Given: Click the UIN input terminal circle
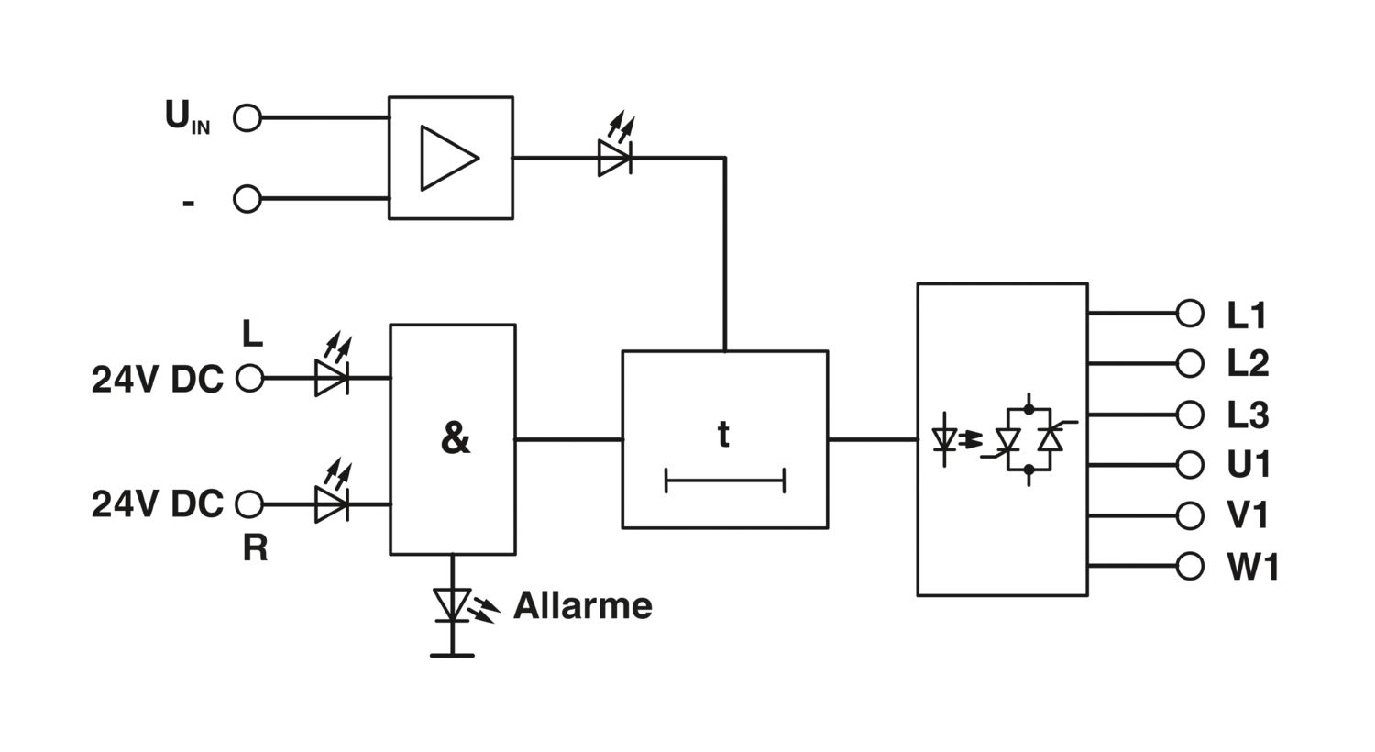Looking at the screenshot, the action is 247,118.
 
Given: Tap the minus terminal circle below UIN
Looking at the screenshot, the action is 247,199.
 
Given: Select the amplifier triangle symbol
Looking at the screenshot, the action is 449,159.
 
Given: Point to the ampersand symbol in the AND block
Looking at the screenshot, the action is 456,438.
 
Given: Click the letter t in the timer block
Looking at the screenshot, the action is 724,435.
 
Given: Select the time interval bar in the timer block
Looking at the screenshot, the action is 725,481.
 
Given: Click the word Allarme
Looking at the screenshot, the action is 582,606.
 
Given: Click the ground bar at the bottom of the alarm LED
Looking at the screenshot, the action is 453,656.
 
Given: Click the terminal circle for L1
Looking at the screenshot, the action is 1190,314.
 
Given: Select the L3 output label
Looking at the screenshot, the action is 1248,415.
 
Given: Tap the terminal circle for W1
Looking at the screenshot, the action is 1190,566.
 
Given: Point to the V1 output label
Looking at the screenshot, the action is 1247,515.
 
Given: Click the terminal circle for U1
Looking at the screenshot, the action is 1190,465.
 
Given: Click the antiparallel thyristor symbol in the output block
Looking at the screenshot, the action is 1029,439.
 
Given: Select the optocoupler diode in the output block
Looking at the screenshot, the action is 944,439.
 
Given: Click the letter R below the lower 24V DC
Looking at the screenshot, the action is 256,548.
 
